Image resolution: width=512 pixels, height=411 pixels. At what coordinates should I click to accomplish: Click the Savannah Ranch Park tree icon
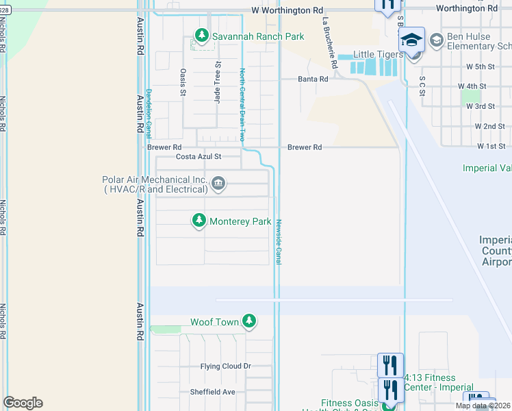[x=201, y=35]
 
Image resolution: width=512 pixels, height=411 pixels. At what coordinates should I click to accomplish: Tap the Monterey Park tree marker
[x=199, y=221]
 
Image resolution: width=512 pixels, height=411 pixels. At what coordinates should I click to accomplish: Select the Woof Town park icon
[x=249, y=321]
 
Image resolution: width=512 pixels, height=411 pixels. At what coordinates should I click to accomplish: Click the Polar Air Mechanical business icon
[x=218, y=183]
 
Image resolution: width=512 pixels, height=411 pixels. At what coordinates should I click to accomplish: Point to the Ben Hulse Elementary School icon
[x=436, y=41]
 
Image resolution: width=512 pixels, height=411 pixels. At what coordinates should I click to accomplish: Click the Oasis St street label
[x=183, y=82]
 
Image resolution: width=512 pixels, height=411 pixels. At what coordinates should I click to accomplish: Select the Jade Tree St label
[x=218, y=82]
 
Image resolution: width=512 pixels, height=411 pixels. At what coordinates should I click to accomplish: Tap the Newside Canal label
[x=279, y=241]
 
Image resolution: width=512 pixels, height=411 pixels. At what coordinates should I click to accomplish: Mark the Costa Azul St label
[x=199, y=157]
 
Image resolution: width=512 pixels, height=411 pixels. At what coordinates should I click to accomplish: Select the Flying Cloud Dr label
[x=226, y=366]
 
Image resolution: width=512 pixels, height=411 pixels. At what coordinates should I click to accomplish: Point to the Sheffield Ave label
[x=212, y=392]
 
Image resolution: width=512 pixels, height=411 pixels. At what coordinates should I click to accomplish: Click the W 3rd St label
[x=481, y=106]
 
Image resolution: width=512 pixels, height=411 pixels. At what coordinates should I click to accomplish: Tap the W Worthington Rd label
[x=286, y=10]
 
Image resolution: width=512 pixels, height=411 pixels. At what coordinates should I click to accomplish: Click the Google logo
[x=23, y=403]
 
